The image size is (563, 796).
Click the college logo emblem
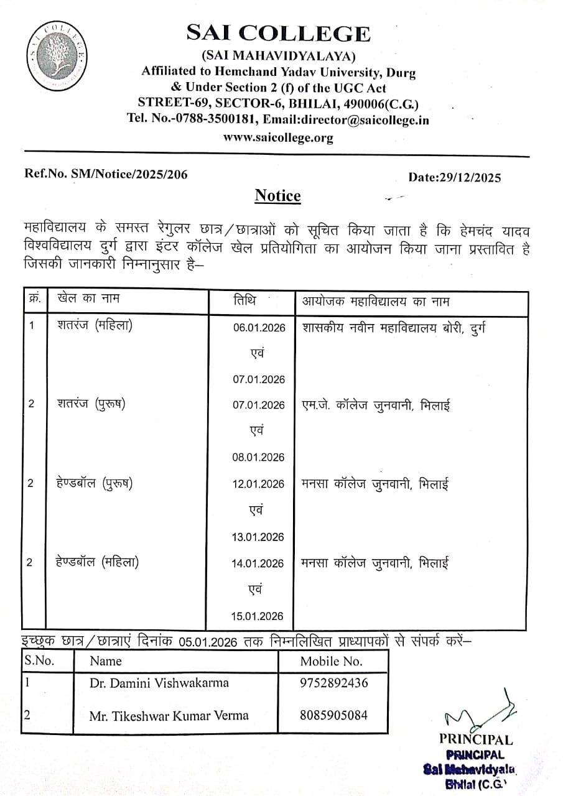(58, 56)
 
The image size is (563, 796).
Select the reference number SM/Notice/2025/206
(130, 175)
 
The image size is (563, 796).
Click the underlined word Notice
(277, 196)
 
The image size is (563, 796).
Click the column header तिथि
(244, 300)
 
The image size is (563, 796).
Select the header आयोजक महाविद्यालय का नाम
(376, 302)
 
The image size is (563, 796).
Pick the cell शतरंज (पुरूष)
(91, 404)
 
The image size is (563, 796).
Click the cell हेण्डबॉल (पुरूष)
(94, 483)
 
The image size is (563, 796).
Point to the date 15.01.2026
(258, 616)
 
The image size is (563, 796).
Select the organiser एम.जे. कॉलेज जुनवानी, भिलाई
(375, 405)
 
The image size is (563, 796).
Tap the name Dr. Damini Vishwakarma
(159, 683)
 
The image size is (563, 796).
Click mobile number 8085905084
(333, 715)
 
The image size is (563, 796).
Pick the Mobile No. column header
(331, 660)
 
